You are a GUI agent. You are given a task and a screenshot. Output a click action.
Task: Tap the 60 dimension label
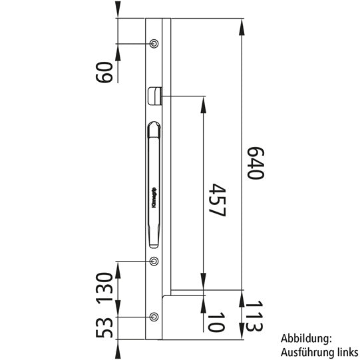pyautogui.click(x=104, y=70)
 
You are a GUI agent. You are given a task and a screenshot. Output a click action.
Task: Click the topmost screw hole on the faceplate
pyautogui.click(x=154, y=44)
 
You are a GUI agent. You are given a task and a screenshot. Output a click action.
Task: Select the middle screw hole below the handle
pyautogui.click(x=154, y=261)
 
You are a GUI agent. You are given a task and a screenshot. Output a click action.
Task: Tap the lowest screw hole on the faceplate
pyautogui.click(x=154, y=316)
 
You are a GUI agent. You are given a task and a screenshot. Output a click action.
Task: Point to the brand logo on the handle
pyautogui.click(x=154, y=198)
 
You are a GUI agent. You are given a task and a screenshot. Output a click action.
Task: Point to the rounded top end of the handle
pyautogui.click(x=154, y=126)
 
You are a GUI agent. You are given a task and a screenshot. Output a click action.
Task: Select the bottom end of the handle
pyautogui.click(x=154, y=246)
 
